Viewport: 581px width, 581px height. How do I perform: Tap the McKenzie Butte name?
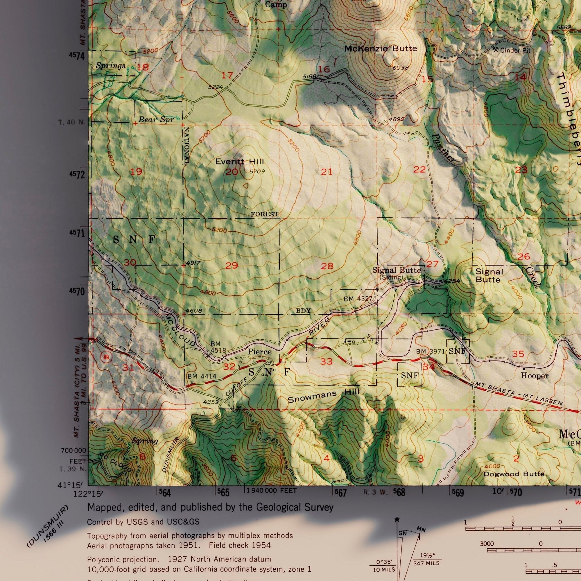tap(381, 49)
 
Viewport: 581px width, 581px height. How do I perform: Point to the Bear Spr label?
tap(156, 119)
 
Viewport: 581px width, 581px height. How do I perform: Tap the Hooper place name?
tap(535, 376)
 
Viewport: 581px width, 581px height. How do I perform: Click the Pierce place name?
tap(259, 352)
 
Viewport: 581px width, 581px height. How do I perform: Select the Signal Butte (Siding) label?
tap(396, 273)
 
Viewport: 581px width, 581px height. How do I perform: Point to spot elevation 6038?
tap(401, 68)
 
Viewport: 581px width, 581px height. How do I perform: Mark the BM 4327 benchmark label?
tap(358, 299)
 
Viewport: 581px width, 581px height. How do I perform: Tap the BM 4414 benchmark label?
tap(202, 376)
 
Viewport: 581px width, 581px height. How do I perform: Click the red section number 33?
tap(326, 361)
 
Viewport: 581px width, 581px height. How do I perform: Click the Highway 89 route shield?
tap(106, 357)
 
